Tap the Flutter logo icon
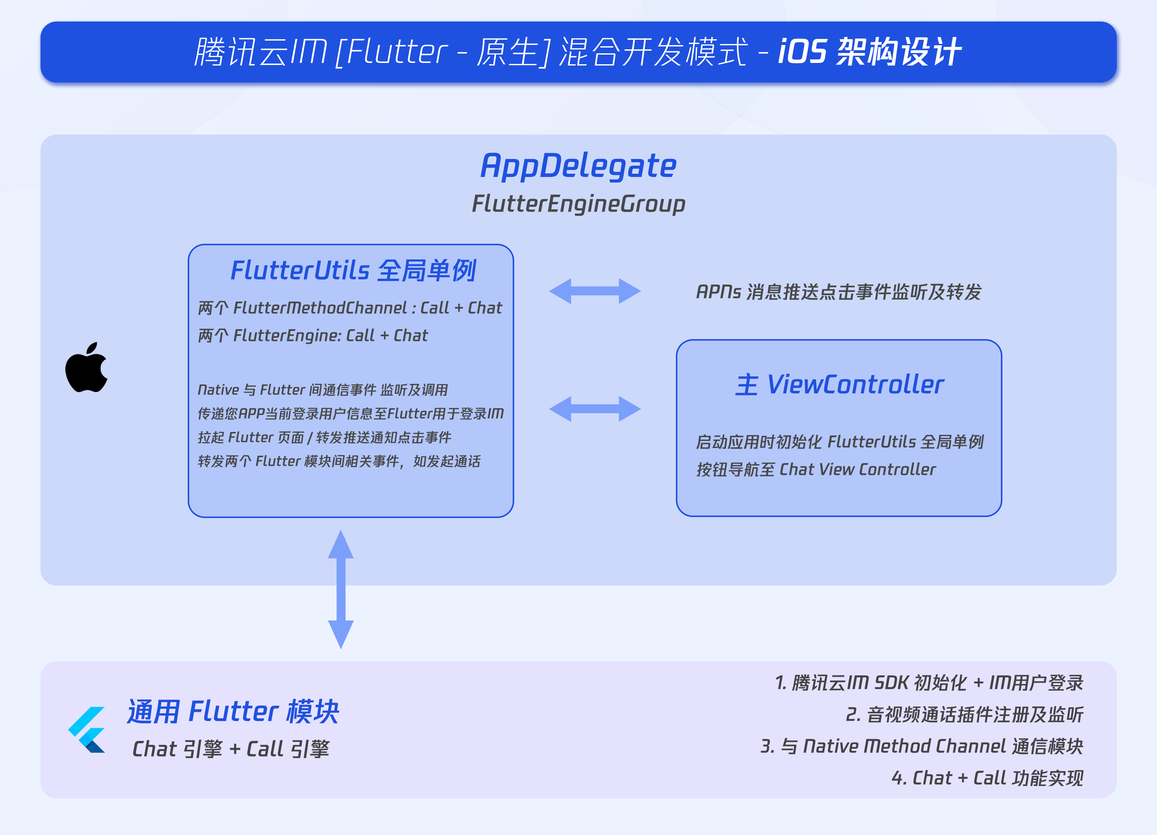pyautogui.click(x=87, y=729)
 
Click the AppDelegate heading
pyautogui.click(x=578, y=166)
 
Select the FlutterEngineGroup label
pyautogui.click(x=578, y=204)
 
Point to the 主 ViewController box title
pyautogui.click(x=839, y=384)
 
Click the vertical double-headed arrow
pyautogui.click(x=341, y=589)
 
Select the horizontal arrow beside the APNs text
pyautogui.click(x=595, y=291)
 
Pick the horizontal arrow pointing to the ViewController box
pyautogui.click(x=595, y=409)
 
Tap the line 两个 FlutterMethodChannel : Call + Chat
pyautogui.click(x=350, y=308)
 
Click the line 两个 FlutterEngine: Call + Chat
pyautogui.click(x=313, y=335)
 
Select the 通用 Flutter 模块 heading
pyautogui.click(x=233, y=712)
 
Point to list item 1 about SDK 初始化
pyautogui.click(x=929, y=682)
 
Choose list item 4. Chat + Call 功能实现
pyautogui.click(x=987, y=778)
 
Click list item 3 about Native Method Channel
pyautogui.click(x=922, y=746)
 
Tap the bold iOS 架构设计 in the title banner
pyautogui.click(x=870, y=52)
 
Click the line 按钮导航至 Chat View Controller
pyautogui.click(x=816, y=470)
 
